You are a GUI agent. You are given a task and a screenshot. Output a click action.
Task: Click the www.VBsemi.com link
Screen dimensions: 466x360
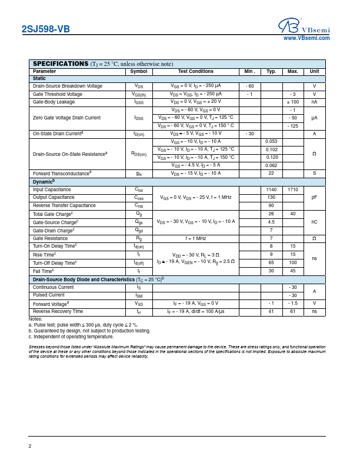[306, 38]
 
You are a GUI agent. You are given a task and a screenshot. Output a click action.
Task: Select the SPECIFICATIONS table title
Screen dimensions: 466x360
[60, 64]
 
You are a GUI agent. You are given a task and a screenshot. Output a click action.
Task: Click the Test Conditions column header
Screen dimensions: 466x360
[195, 71]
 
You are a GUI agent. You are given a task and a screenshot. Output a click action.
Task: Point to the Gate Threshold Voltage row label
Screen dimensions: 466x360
[58, 94]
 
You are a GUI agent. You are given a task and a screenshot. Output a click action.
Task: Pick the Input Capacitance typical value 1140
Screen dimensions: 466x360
[271, 190]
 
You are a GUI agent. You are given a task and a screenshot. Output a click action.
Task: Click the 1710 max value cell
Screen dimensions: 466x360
[292, 190]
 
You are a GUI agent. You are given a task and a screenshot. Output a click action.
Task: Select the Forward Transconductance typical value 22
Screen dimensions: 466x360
[271, 174]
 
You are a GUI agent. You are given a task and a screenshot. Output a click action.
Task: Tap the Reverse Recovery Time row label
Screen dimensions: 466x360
[58, 311]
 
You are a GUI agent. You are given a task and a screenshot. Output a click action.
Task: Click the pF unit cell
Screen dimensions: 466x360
[314, 198]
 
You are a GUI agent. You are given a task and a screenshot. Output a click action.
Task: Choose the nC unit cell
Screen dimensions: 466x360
[314, 222]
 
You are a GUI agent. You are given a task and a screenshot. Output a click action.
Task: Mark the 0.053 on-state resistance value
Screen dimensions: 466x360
[271, 142]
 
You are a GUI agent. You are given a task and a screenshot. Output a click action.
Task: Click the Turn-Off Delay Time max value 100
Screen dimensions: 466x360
[292, 262]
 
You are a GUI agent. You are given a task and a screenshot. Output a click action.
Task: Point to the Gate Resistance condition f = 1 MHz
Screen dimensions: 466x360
[195, 238]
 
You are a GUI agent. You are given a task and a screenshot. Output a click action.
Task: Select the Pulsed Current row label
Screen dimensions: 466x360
[49, 295]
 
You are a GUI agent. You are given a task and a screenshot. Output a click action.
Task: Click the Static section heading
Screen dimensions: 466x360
[39, 78]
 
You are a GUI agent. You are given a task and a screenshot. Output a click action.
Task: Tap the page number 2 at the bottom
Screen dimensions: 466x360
[30, 445]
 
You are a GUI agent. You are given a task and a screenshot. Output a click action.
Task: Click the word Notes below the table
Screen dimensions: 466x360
[35, 318]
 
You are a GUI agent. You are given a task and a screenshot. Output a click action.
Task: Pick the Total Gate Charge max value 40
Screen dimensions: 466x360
[292, 214]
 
